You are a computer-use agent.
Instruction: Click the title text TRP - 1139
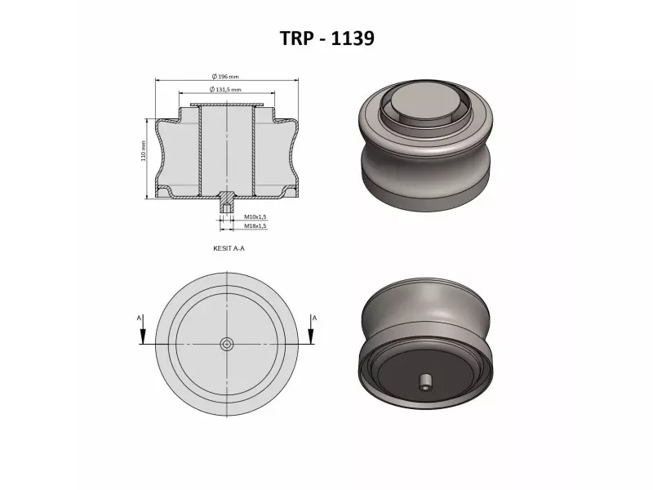click(x=326, y=38)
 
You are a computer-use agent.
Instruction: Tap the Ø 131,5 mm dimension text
click(x=226, y=89)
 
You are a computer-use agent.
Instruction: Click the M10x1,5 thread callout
click(x=255, y=216)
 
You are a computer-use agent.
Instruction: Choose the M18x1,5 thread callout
click(x=255, y=225)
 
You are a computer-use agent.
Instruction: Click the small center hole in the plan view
click(x=226, y=344)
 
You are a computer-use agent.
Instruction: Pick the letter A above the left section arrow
click(x=140, y=316)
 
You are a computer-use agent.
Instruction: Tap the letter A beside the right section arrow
click(x=315, y=316)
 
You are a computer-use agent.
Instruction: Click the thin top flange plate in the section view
click(x=226, y=105)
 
